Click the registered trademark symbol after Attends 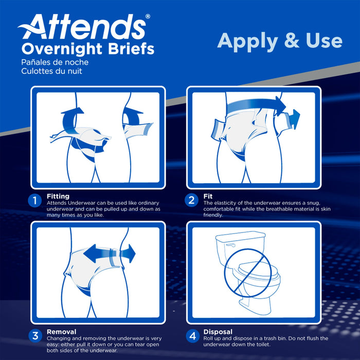pos(148,17)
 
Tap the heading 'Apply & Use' pos(279,41)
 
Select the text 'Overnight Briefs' pos(87,49)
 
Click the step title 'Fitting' pos(58,196)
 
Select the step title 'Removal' pos(62,332)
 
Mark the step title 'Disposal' pos(218,332)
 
